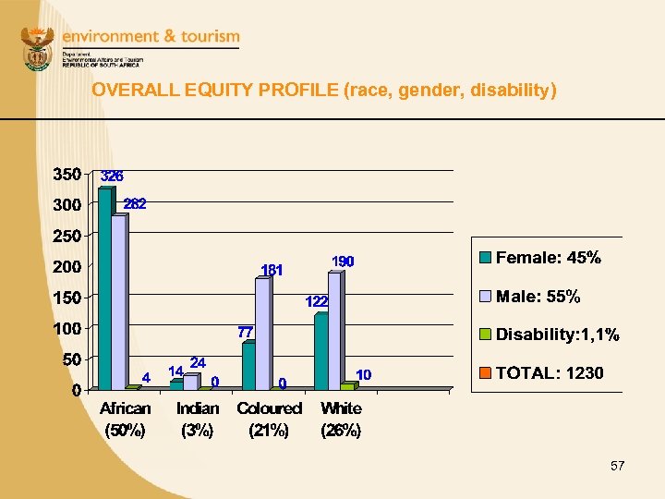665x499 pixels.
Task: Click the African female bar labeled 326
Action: pos(104,288)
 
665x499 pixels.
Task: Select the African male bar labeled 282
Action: pos(119,301)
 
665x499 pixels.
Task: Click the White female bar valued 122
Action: pos(320,352)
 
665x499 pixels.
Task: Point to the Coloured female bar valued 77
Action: pos(248,366)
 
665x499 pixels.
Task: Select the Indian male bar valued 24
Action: pos(190,382)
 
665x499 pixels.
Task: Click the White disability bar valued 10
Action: pos(347,386)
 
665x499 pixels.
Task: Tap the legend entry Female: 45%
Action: pos(548,259)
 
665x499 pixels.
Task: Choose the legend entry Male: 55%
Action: pos(538,297)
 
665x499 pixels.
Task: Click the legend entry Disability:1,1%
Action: pos(557,335)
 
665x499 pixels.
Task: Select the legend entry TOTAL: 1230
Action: pos(549,373)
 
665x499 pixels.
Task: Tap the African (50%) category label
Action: pos(125,419)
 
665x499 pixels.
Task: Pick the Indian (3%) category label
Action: pos(197,419)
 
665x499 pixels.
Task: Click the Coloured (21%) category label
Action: pos(269,419)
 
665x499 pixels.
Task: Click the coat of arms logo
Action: pos(38,51)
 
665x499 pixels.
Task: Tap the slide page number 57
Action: pos(617,467)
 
